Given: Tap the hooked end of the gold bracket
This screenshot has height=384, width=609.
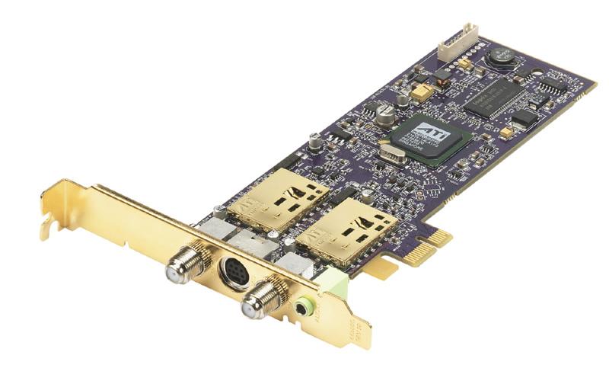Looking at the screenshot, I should point(47,224).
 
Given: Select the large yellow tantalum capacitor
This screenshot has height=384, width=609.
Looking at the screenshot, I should point(421,91).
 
